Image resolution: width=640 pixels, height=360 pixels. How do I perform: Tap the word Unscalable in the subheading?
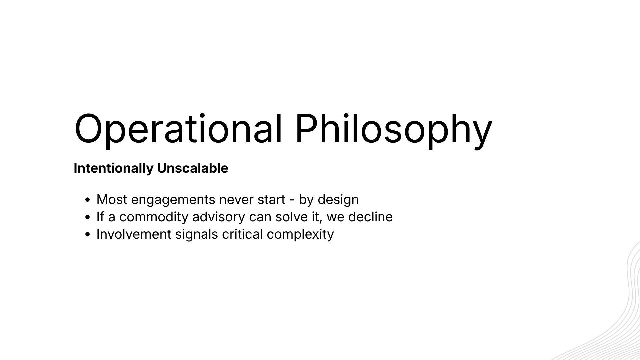[193, 168]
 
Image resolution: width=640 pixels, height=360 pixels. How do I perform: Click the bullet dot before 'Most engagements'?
[88, 200]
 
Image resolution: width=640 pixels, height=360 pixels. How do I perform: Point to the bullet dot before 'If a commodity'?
[88, 217]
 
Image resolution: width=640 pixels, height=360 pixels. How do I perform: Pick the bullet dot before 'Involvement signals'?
[88, 235]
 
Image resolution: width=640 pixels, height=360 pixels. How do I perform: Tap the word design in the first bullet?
[338, 200]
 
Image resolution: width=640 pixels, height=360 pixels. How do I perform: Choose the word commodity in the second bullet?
[154, 217]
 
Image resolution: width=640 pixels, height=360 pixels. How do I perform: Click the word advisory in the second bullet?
[219, 217]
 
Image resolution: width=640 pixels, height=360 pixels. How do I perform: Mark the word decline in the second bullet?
[370, 217]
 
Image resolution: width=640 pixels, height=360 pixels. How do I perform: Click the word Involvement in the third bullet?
[134, 234]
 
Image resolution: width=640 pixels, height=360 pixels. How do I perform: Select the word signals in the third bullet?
[197, 234]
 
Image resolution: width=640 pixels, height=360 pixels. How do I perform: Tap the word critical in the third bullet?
[242, 234]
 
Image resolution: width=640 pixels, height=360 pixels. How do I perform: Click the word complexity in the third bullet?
[300, 234]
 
